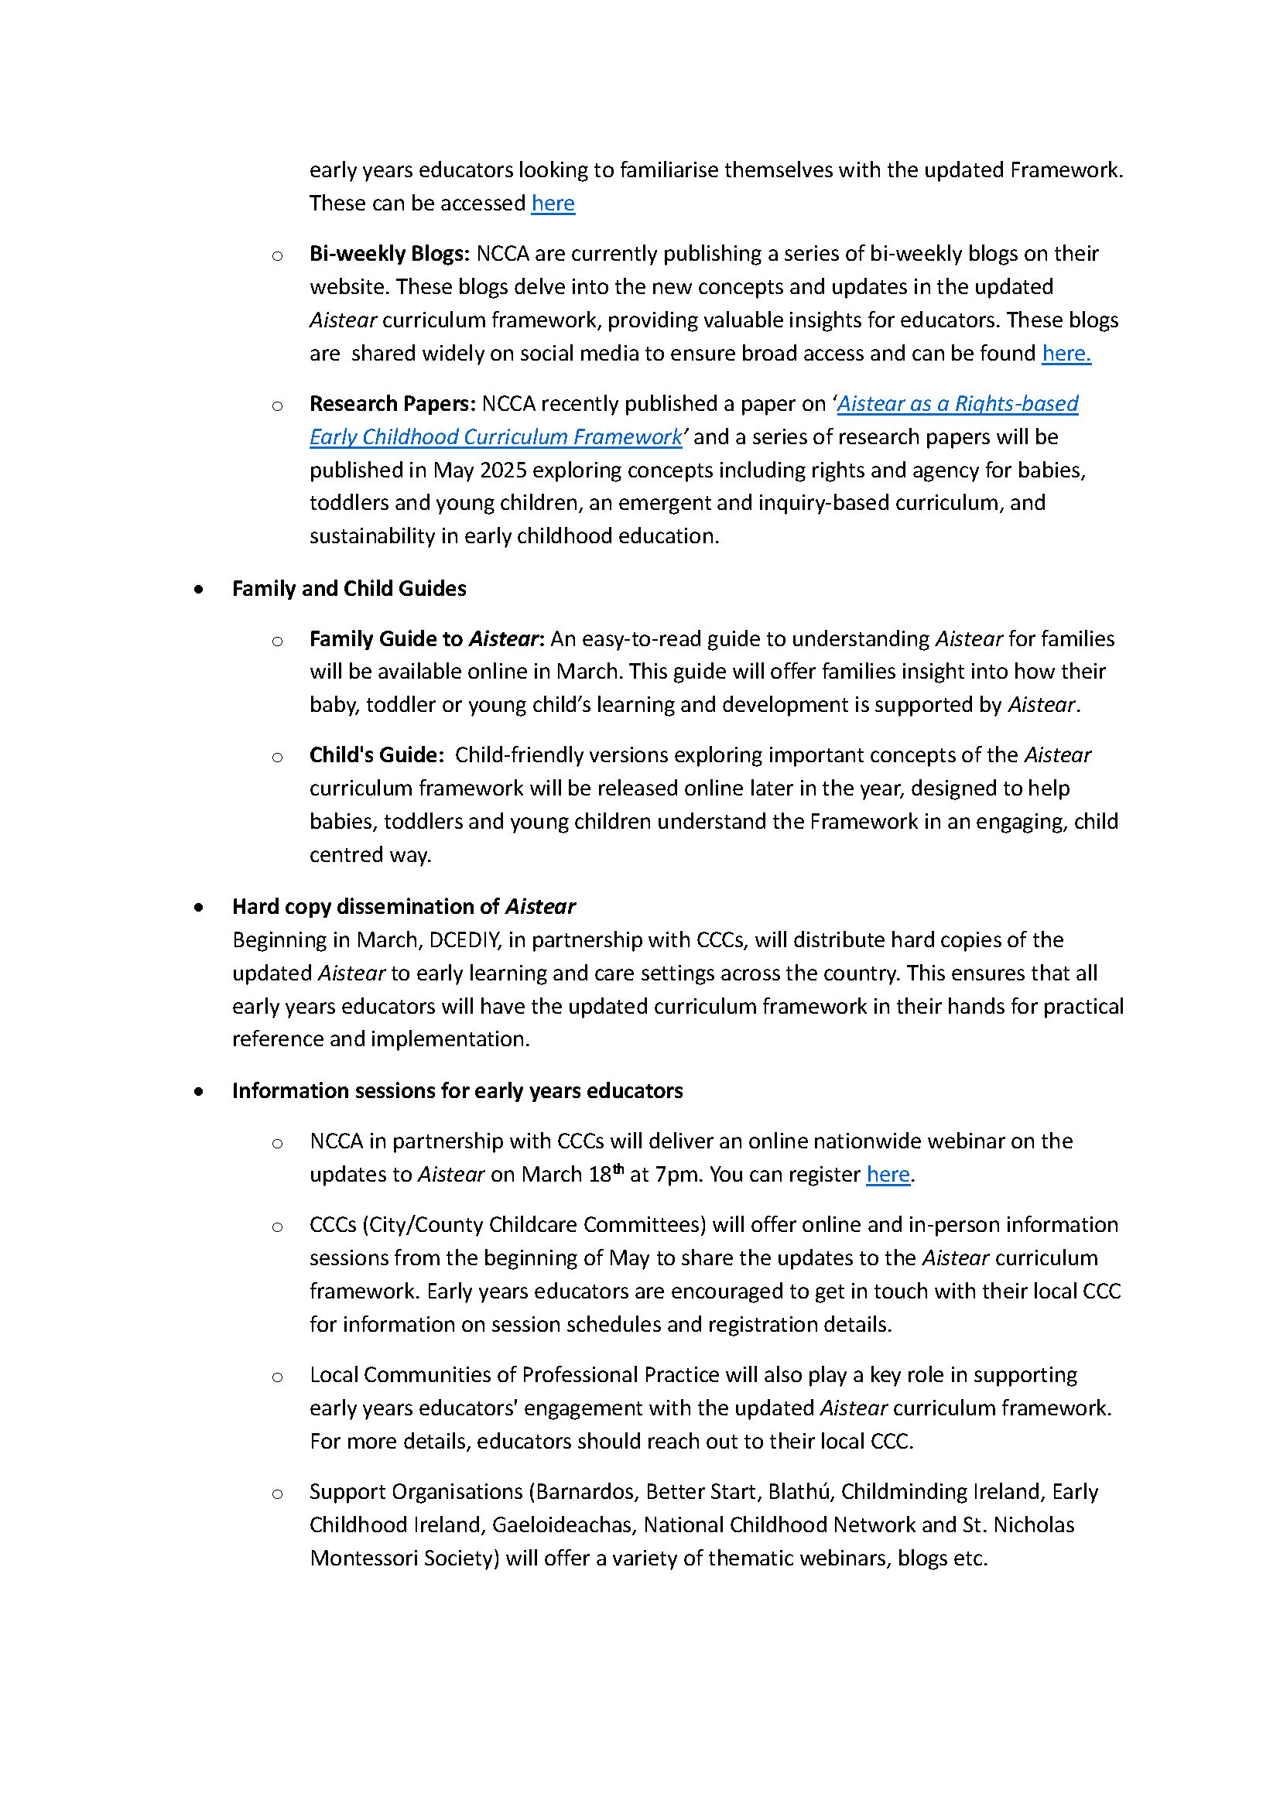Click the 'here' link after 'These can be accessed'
[553, 204]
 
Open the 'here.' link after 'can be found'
[1066, 353]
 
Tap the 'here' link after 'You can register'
[888, 1175]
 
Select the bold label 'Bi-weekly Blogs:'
[389, 254]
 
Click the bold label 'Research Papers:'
[392, 404]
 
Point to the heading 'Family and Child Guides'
[348, 589]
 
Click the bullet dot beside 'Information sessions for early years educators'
[199, 1092]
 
